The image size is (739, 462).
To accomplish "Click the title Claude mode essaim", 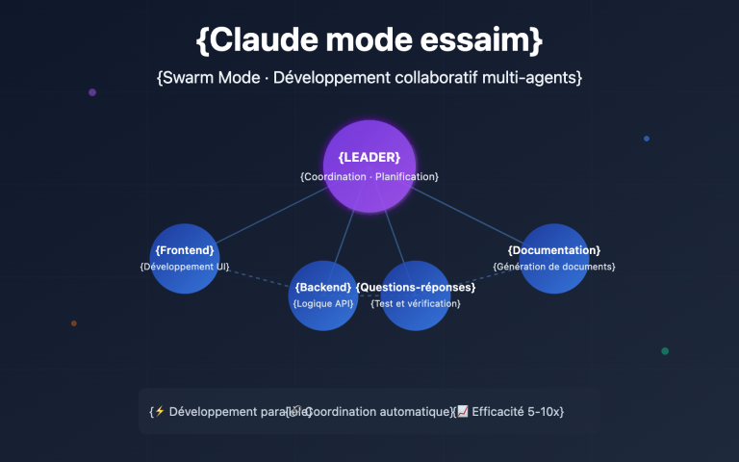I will [369, 40].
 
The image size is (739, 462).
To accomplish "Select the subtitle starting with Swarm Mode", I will [369, 77].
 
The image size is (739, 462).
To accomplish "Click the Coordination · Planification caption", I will [369, 177].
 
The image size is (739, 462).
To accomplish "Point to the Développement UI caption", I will [185, 266].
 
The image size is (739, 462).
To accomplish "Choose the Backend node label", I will [323, 288].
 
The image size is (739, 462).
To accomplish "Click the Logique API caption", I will [323, 303].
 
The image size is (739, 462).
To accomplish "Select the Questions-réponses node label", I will [416, 288].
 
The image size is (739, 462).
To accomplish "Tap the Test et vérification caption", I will [416, 303].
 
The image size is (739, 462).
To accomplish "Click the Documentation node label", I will [554, 250].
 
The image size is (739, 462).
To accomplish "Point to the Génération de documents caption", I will [554, 266].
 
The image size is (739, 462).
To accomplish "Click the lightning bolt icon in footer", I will [160, 412].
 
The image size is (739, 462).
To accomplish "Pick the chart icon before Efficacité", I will [462, 412].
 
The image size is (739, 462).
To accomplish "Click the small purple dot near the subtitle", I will [92, 92].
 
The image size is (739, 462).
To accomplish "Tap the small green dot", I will [665, 351].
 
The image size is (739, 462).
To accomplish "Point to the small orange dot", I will [74, 323].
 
